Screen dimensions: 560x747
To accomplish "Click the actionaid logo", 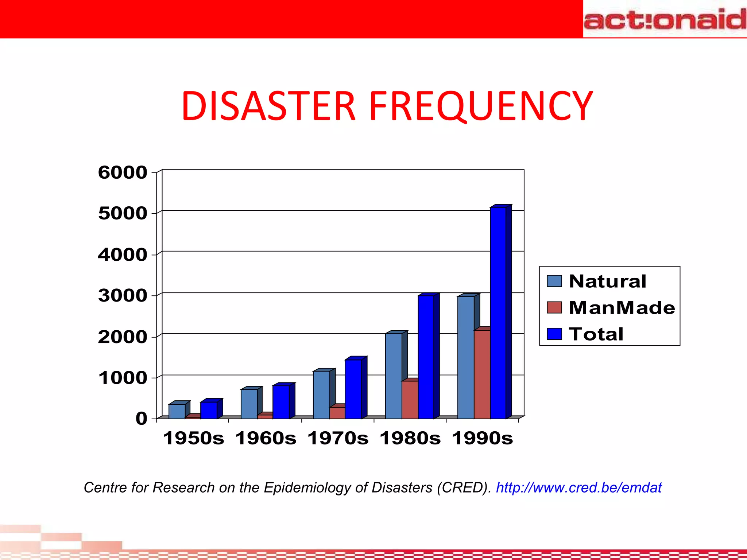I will pyautogui.click(x=665, y=19).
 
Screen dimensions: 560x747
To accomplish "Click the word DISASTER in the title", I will pyautogui.click(x=268, y=106).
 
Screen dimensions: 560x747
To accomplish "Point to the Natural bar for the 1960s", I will pyautogui.click(x=249, y=404).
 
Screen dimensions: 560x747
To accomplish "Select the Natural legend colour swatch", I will pyautogui.click(x=554, y=281).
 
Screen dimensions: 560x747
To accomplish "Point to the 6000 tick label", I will pyautogui.click(x=123, y=172).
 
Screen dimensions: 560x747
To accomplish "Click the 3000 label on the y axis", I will pyautogui.click(x=123, y=296).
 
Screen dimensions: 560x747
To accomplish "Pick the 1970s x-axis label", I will pyautogui.click(x=338, y=438).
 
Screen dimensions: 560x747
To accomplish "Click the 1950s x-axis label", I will pyautogui.click(x=193, y=438).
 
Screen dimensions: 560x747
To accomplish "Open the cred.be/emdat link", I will pyautogui.click(x=578, y=488).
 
